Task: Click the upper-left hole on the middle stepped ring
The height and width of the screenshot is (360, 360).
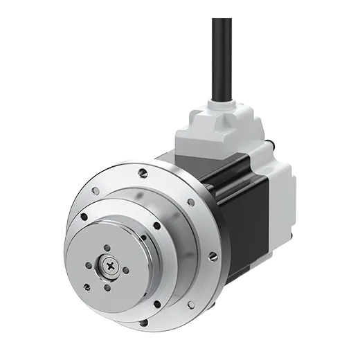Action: (84, 217)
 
